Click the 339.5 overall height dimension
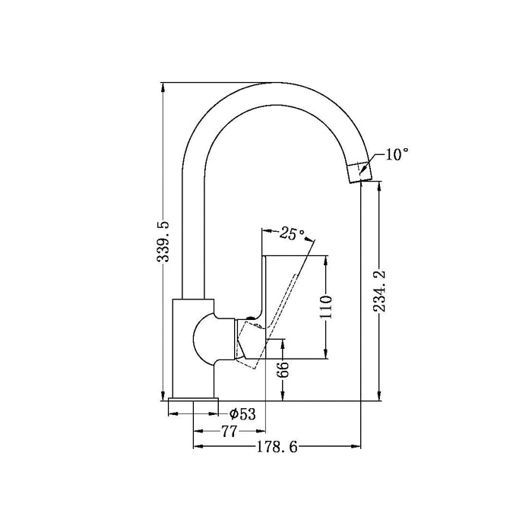tap(163, 241)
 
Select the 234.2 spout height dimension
tap(379, 291)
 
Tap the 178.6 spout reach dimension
tap(277, 447)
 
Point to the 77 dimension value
tap(229, 431)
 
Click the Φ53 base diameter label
tap(242, 414)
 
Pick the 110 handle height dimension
tap(326, 307)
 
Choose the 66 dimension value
tap(282, 369)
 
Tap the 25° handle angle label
tap(292, 233)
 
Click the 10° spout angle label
tap(396, 154)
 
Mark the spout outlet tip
tap(360, 181)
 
